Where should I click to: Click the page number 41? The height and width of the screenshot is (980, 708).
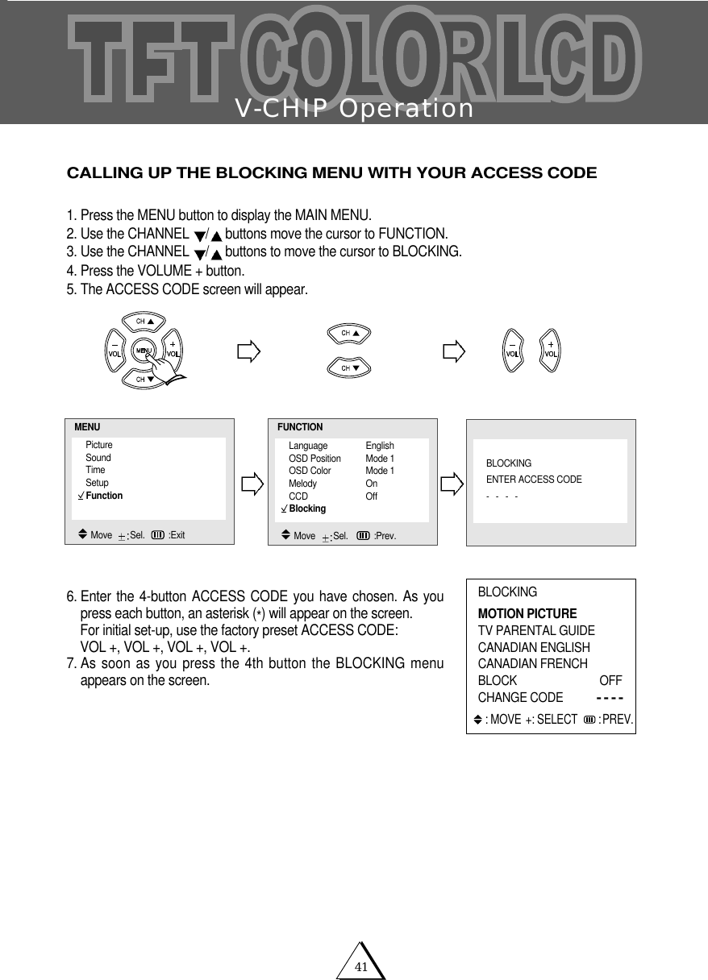360,967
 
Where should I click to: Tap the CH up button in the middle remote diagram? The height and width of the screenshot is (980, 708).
348,333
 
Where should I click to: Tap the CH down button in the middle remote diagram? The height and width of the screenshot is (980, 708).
348,368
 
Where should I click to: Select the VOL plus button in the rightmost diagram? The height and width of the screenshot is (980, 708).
550,351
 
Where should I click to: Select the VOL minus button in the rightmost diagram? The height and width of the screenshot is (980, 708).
511,351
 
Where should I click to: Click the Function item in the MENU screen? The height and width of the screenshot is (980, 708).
104,496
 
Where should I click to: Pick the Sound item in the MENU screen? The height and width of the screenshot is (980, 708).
98,458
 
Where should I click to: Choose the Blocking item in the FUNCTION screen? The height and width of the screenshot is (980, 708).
307,509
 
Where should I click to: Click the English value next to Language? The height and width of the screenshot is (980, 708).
380,446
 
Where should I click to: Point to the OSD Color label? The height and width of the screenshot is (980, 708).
310,471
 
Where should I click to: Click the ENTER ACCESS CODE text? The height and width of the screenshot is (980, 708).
534,480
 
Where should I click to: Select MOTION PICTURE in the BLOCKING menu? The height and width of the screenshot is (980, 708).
527,614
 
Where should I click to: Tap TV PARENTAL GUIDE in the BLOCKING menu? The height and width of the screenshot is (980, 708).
536,631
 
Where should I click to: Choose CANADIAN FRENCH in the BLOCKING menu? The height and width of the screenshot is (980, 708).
533,664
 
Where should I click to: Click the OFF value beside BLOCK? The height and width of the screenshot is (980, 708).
610,681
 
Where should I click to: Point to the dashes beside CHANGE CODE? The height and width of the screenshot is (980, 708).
609,698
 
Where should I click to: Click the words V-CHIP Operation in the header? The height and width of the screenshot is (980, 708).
354,109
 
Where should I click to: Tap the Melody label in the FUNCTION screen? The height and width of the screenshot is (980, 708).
302,484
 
